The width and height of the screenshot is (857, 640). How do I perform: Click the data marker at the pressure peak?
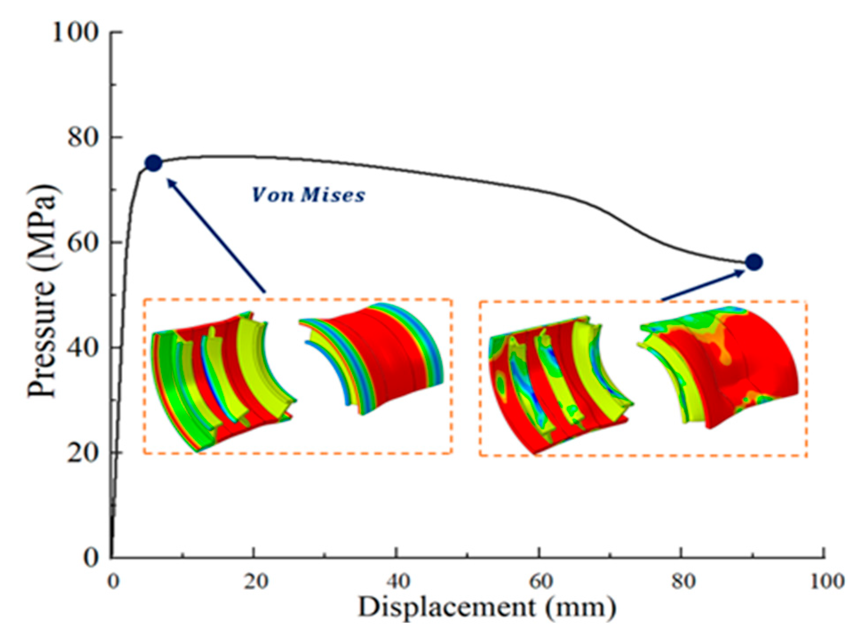pyautogui.click(x=154, y=163)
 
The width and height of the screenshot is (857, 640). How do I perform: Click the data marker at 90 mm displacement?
pyautogui.click(x=754, y=262)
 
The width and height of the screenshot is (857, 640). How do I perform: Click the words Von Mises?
pyautogui.click(x=309, y=195)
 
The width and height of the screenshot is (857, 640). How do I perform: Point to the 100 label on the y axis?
pyautogui.click(x=75, y=32)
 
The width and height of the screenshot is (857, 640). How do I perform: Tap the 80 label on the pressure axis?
pyautogui.click(x=83, y=137)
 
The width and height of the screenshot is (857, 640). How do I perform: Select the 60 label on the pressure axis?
pyautogui.click(x=83, y=242)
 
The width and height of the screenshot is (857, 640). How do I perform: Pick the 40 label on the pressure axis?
pyautogui.click(x=83, y=347)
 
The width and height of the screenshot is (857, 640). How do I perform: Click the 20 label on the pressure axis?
pyautogui.click(x=83, y=453)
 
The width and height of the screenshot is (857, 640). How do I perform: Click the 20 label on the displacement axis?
pyautogui.click(x=256, y=581)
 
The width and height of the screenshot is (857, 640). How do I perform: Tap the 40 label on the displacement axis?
pyautogui.click(x=398, y=581)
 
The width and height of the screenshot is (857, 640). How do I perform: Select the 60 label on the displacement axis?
pyautogui.click(x=541, y=581)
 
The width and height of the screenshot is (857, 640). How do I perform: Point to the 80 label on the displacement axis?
pyautogui.click(x=683, y=581)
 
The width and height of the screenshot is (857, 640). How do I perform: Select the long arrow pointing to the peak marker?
pyautogui.click(x=216, y=235)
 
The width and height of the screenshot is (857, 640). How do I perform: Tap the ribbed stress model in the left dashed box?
pyautogui.click(x=222, y=382)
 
